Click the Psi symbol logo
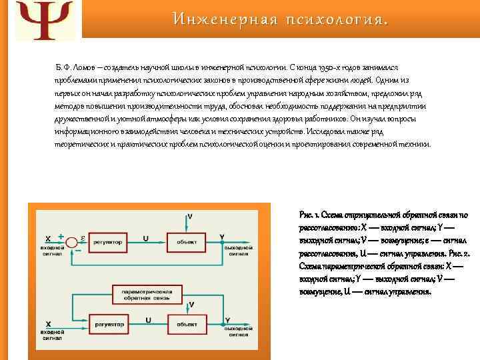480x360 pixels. tap(41, 19)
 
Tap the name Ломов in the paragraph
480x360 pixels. tap(84, 68)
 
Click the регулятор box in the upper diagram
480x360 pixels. tap(109, 242)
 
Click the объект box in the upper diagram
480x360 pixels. tap(186, 242)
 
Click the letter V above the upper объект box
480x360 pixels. tap(191, 217)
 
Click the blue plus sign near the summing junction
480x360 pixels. tap(61, 235)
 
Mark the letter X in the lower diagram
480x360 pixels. tap(47, 323)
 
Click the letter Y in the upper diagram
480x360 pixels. tap(230, 236)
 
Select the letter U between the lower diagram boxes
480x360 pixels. tap(148, 319)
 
